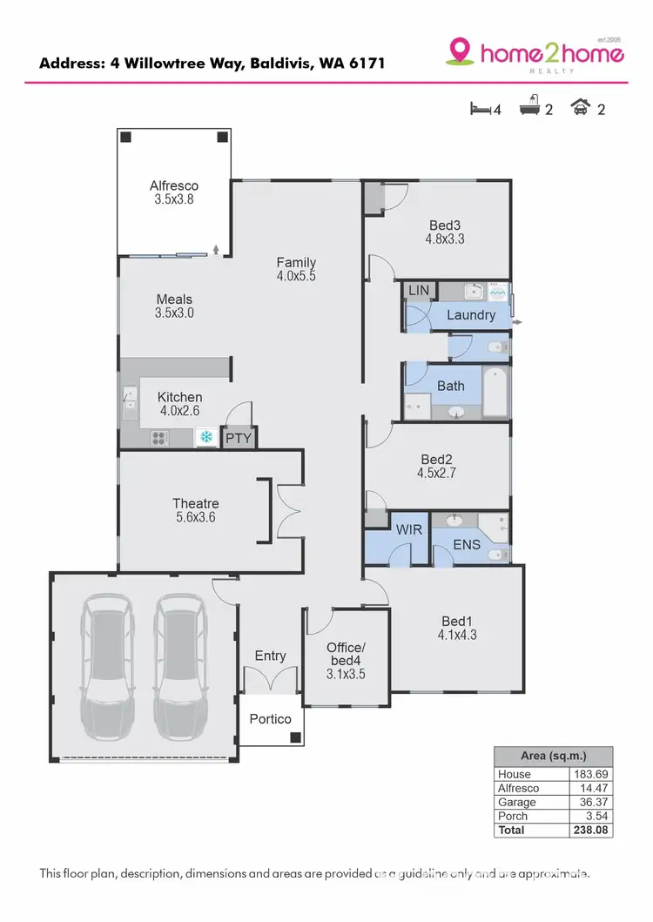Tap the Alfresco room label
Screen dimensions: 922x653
(174, 185)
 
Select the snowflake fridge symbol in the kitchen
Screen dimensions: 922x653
(207, 437)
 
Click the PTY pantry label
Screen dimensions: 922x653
(238, 438)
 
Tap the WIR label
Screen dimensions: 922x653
(409, 529)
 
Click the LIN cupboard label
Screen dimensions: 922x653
(418, 290)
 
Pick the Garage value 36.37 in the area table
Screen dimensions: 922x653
(590, 802)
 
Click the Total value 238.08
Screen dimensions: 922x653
(590, 831)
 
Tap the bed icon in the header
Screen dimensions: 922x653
(480, 109)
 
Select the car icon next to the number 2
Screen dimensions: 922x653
(579, 108)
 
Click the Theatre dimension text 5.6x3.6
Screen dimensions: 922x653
(195, 517)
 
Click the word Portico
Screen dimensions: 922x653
(270, 719)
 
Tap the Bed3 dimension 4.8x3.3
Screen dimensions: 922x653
(445, 238)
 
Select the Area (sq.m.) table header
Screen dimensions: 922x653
(553, 756)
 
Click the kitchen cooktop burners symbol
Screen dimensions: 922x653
(159, 438)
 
